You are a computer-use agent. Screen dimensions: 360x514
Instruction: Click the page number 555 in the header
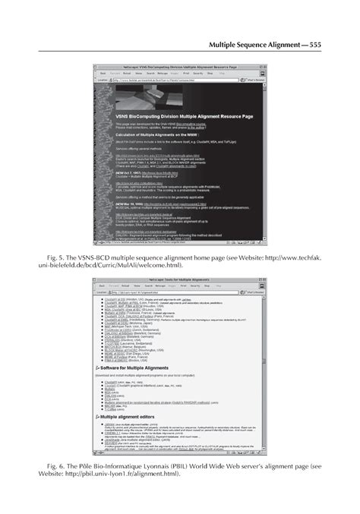(x=315, y=46)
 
